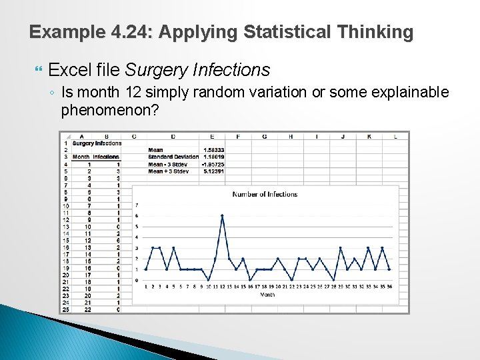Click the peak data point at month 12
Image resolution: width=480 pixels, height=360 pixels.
[222, 215]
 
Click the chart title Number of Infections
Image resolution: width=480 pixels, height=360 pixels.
[265, 194]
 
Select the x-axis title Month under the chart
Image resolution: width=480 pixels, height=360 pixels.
[267, 294]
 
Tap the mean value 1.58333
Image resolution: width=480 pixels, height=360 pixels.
[213, 150]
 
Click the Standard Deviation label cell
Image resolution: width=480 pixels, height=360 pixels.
[173, 157]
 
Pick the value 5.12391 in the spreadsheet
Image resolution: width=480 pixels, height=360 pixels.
[213, 171]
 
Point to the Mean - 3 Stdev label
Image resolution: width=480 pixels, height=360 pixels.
[169, 164]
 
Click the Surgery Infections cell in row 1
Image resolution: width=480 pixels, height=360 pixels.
[97, 143]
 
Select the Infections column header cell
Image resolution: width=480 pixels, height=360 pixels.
[105, 157]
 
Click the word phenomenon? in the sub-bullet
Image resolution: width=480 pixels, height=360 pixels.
[110, 109]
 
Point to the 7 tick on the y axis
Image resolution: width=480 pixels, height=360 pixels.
[137, 205]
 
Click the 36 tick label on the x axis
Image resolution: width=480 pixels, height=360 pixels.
[389, 286]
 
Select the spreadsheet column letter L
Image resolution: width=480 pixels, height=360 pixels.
[395, 136]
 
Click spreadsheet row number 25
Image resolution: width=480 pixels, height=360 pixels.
[66, 309]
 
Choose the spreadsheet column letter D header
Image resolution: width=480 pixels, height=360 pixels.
[173, 136]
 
